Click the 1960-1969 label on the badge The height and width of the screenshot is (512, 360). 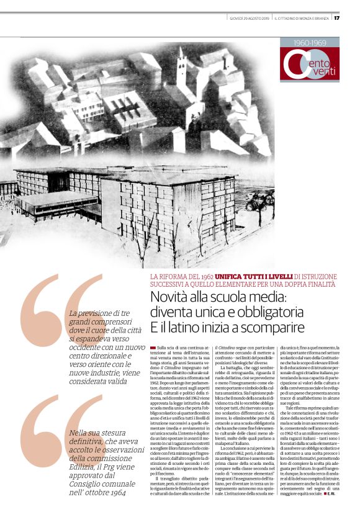[310, 43]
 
